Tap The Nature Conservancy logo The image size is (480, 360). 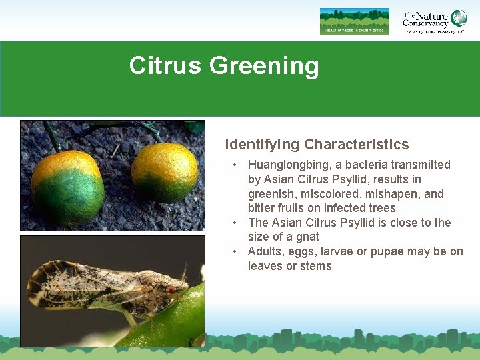point(434,21)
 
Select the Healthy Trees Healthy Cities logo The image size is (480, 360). point(354,21)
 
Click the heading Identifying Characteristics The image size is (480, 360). point(317,145)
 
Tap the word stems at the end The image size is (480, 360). point(316,266)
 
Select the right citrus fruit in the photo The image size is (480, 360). point(164,173)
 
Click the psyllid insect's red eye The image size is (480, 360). point(171,289)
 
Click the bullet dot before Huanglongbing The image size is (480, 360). point(235,165)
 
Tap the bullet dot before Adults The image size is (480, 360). point(235,251)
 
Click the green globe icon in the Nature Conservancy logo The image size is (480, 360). point(459,18)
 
